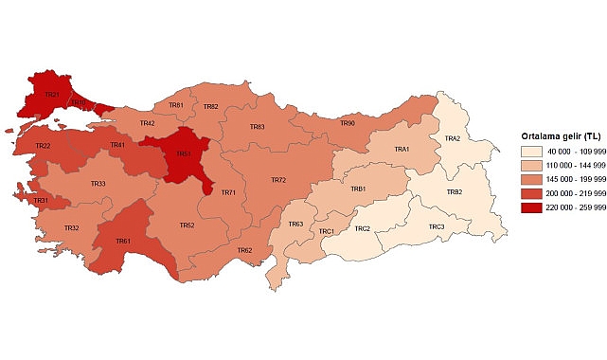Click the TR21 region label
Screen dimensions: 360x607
tap(52, 95)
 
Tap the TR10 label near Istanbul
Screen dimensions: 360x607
tap(79, 101)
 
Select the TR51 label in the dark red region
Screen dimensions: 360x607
tap(184, 153)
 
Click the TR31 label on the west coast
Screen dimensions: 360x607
tap(42, 201)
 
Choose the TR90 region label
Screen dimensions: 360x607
tap(348, 123)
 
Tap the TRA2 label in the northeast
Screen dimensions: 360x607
tap(453, 139)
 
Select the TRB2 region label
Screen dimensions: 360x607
tap(455, 192)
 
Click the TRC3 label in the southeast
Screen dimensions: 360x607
tap(436, 226)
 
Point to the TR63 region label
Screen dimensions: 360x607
tap(295, 224)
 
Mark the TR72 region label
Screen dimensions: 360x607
tap(277, 180)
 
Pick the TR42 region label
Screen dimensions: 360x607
tap(147, 123)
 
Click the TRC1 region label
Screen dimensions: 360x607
tap(326, 231)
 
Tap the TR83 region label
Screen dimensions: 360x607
tap(257, 127)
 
